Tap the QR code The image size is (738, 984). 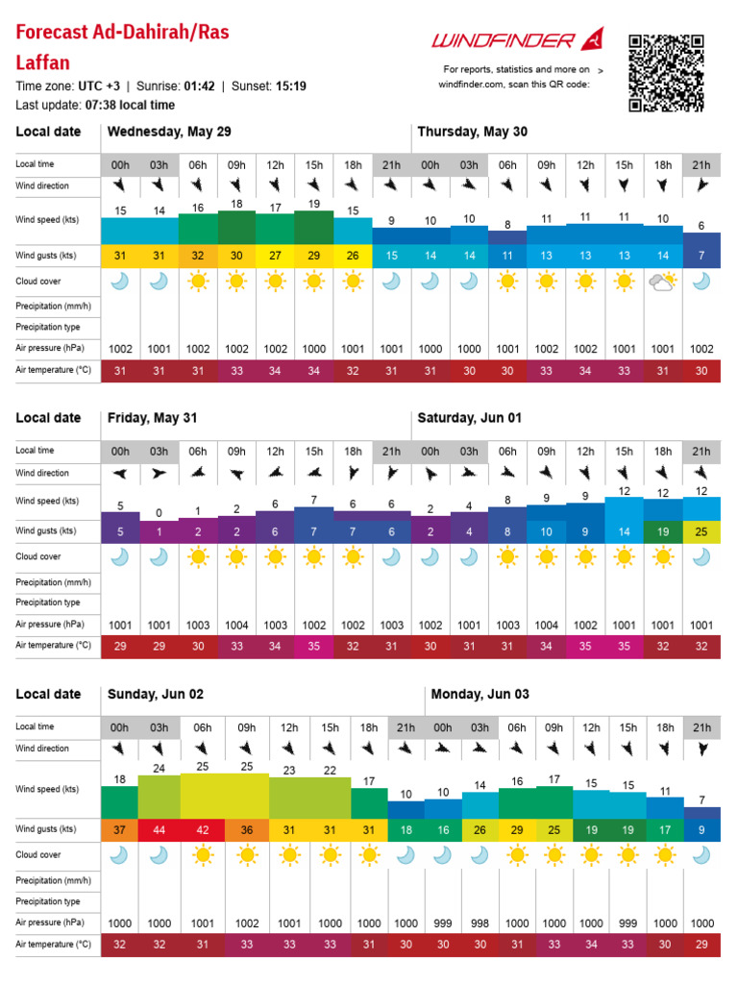(x=666, y=72)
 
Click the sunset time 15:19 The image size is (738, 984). (x=290, y=86)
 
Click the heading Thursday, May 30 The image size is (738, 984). (x=472, y=132)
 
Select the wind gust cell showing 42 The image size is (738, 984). (x=202, y=829)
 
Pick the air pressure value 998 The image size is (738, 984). (x=480, y=922)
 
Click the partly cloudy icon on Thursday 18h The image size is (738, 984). (x=662, y=282)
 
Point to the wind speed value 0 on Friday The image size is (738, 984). (x=159, y=512)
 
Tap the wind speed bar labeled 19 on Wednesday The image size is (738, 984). (x=314, y=227)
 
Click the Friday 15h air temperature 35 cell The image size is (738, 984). (x=314, y=647)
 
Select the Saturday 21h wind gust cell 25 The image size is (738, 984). (x=701, y=530)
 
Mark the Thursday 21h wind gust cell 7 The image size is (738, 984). (x=701, y=255)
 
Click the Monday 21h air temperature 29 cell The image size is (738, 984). (x=702, y=945)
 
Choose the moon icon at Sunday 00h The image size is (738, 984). (x=119, y=854)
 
